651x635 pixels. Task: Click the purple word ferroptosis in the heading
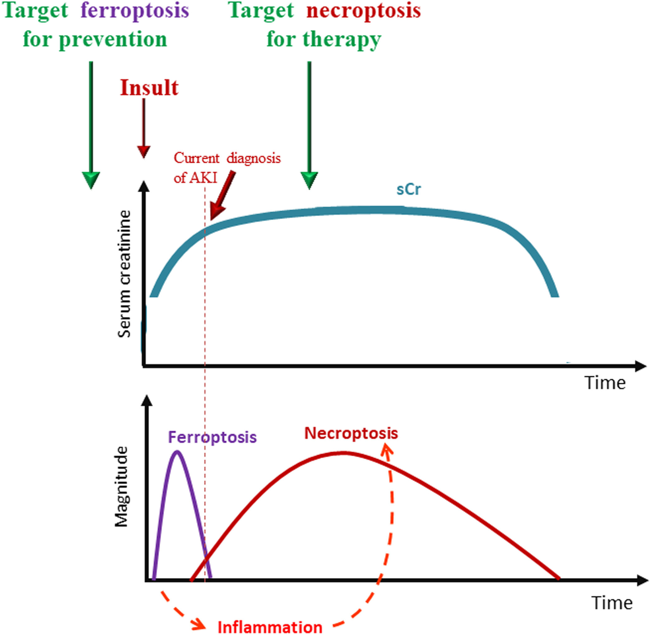135,11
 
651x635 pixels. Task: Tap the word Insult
149,88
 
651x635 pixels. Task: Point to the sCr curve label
408,189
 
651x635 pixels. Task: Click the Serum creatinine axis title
124,274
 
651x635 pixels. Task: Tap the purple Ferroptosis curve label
212,437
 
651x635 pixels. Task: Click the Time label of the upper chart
605,383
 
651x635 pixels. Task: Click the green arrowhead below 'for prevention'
91,180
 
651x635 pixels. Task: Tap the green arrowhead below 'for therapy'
309,180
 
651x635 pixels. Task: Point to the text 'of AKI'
195,178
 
